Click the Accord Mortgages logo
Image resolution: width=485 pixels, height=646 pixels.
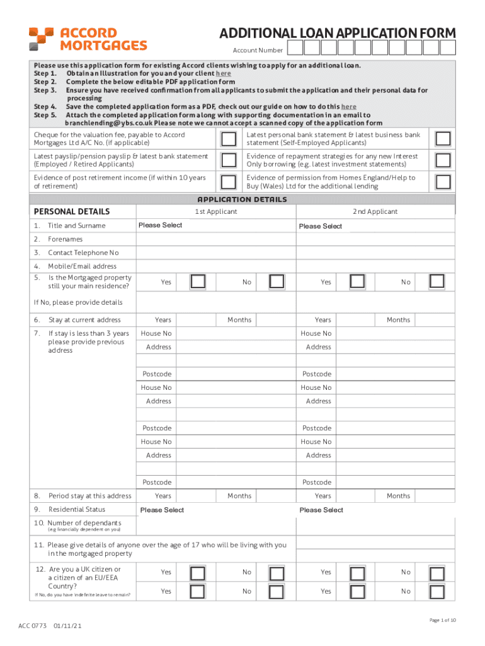[88, 38]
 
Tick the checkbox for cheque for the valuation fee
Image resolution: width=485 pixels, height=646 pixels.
[230, 139]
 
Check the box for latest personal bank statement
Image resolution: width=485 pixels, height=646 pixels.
[443, 139]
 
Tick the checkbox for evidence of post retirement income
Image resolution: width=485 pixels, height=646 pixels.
[230, 182]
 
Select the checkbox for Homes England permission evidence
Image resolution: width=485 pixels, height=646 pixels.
[443, 182]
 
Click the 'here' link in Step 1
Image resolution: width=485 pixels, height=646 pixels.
[223, 73]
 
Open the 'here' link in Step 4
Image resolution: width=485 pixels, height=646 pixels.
[349, 107]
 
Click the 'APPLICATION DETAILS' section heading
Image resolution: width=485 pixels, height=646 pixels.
[243, 199]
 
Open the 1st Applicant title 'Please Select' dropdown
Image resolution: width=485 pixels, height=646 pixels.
[161, 225]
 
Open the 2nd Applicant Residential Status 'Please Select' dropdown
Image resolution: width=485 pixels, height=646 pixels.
[321, 510]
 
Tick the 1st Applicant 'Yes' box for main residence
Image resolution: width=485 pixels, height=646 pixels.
[198, 282]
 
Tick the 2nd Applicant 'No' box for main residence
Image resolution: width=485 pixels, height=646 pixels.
[436, 282]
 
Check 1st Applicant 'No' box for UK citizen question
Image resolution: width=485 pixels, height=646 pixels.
[276, 572]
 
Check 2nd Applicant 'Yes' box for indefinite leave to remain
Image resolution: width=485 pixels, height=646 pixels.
[357, 591]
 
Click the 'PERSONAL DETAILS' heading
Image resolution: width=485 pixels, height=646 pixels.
[71, 211]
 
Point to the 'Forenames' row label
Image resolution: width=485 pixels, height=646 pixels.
[65, 239]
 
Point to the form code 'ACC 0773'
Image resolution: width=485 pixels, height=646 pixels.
[32, 626]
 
